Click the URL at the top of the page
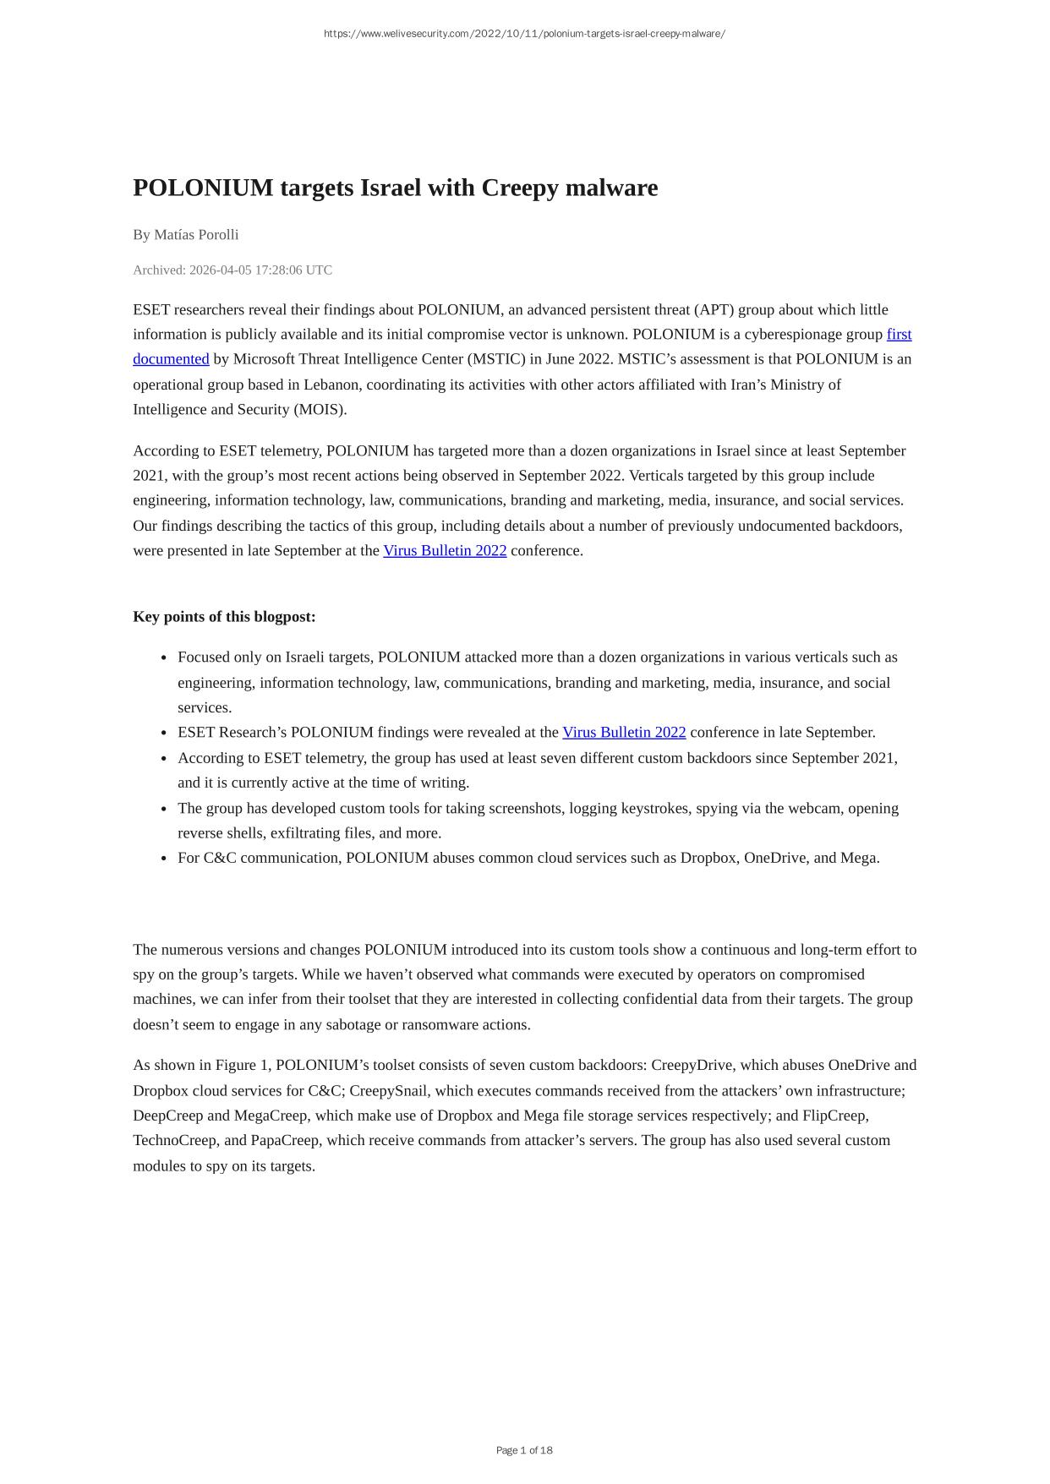[x=524, y=34]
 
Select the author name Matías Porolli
[x=196, y=235]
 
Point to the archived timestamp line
[x=232, y=270]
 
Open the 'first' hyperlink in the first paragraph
[x=899, y=335]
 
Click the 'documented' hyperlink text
[x=171, y=359]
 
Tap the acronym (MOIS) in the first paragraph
[x=320, y=410]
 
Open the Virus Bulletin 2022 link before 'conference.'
[x=445, y=551]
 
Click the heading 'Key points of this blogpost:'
[x=224, y=617]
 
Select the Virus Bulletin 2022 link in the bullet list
[x=624, y=733]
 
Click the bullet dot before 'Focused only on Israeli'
[x=163, y=658]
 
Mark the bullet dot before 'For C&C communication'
[x=163, y=859]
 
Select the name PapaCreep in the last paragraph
[x=285, y=1141]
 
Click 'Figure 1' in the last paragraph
[x=242, y=1066]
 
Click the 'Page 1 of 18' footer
[x=524, y=1450]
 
